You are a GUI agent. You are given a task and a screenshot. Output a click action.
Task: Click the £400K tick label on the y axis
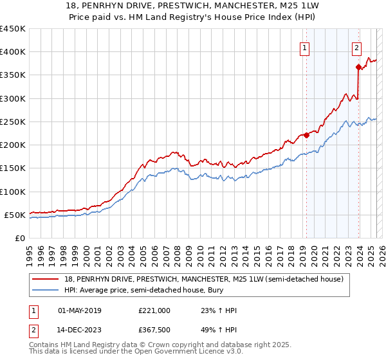click(13, 52)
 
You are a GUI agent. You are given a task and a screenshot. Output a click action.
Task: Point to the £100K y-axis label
click(13, 192)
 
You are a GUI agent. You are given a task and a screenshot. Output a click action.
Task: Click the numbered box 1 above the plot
click(304, 47)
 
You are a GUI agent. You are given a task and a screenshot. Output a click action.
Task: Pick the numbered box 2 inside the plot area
click(356, 47)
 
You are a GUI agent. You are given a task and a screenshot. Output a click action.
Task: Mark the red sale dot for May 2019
click(306, 135)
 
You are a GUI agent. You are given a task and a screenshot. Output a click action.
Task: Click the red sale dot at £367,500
click(358, 67)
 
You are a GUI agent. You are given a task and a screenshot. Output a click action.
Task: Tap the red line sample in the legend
click(46, 279)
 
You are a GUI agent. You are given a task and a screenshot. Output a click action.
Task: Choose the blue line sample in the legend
click(46, 291)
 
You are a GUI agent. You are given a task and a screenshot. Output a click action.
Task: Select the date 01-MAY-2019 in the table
click(80, 310)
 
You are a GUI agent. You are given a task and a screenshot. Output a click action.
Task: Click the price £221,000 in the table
click(154, 310)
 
